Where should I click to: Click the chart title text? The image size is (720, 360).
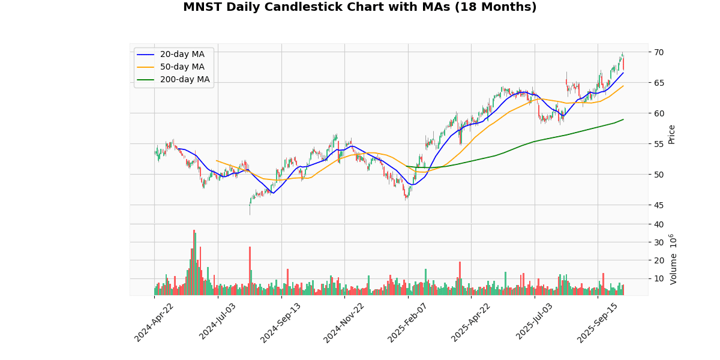pyautogui.click(x=359, y=7)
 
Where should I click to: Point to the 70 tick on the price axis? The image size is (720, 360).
pyautogui.click(x=659, y=52)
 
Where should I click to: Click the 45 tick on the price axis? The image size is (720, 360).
pyautogui.click(x=659, y=205)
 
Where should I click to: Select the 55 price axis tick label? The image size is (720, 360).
pyautogui.click(x=659, y=144)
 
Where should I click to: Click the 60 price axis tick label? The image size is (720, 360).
pyautogui.click(x=659, y=113)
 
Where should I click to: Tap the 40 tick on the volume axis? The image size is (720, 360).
pyautogui.click(x=659, y=224)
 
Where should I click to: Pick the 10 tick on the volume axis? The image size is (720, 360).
pyautogui.click(x=659, y=278)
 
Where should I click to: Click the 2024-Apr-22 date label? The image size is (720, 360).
pyautogui.click(x=155, y=322)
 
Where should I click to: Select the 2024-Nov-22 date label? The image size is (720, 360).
pyautogui.click(x=344, y=322)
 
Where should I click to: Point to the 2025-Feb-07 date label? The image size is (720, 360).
pyautogui.click(x=408, y=322)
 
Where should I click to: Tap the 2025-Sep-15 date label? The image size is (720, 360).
pyautogui.click(x=598, y=322)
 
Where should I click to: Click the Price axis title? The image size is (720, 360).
pyautogui.click(x=672, y=134)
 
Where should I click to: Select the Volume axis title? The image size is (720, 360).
pyautogui.click(x=674, y=259)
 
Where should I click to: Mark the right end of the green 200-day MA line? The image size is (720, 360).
pyautogui.click(x=623, y=119)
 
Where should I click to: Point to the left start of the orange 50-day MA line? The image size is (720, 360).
pyautogui.click(x=216, y=160)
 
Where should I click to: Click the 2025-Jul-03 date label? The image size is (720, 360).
pyautogui.click(x=535, y=322)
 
